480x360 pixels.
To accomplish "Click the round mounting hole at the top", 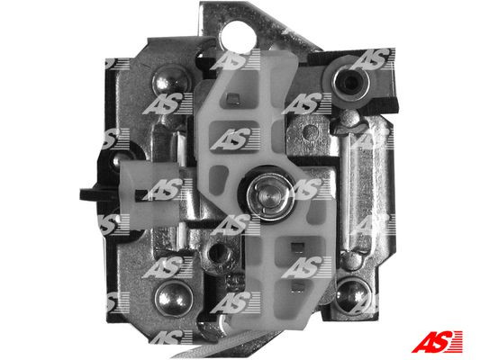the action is tap(238, 36).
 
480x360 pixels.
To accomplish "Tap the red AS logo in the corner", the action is tap(437, 341).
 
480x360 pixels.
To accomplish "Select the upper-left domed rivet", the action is tap(171, 80).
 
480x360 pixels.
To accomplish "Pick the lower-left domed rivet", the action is tap(174, 299).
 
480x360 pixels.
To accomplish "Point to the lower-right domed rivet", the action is tap(352, 294).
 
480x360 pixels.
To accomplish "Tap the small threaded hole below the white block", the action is tap(218, 252).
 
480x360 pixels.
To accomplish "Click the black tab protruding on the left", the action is tap(98, 193).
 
